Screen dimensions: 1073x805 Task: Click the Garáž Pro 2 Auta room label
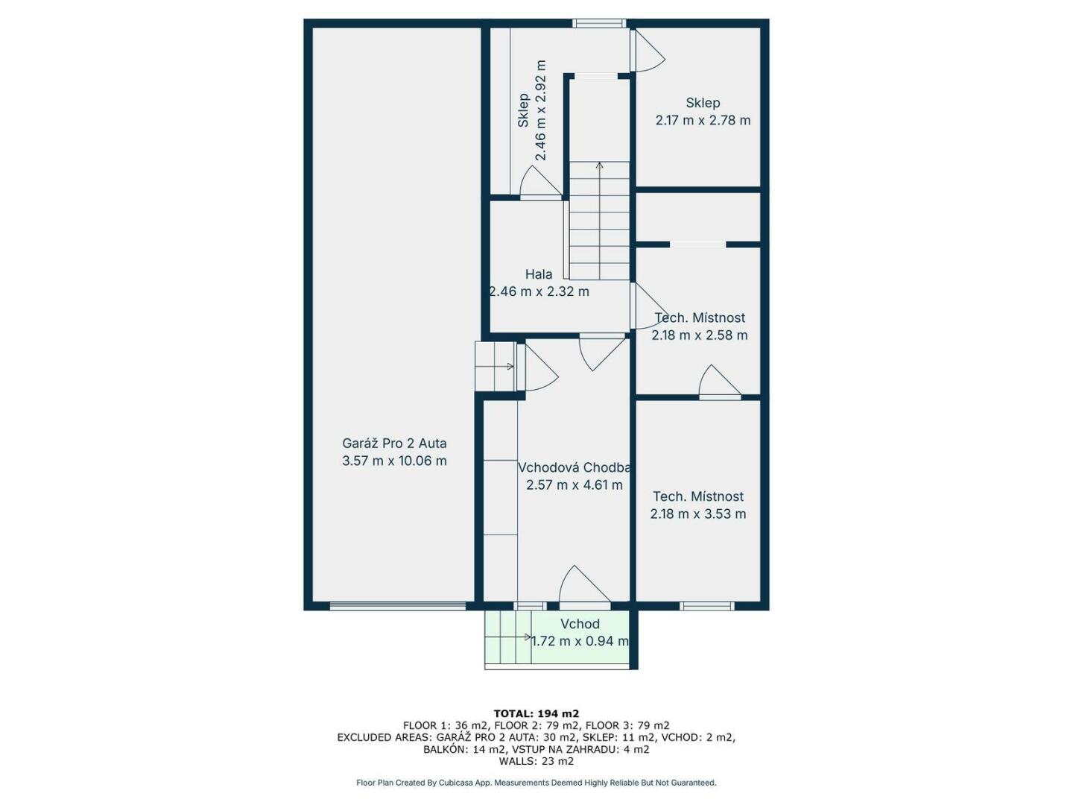394,443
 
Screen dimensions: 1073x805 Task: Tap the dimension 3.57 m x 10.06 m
394,461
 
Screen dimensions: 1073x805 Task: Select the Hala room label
539,274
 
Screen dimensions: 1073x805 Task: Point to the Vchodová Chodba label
574,468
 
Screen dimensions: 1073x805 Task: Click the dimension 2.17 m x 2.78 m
703,120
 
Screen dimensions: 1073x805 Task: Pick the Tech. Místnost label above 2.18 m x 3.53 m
698,496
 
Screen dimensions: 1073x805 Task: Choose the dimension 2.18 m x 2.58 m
699,335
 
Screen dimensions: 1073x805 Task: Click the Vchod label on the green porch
580,624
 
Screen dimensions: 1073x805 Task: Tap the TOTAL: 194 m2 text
536,714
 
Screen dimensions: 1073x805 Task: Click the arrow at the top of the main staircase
599,166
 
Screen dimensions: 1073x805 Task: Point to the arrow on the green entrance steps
528,637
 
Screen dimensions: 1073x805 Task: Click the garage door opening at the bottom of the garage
397,606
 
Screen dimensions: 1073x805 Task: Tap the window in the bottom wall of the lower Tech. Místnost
707,606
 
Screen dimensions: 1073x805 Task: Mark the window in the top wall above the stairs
599,23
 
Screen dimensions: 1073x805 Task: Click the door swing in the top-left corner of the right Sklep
648,51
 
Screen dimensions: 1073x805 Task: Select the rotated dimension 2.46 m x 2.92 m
540,110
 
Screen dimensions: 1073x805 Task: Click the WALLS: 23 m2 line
536,761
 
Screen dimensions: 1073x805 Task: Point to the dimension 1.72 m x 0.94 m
580,641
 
